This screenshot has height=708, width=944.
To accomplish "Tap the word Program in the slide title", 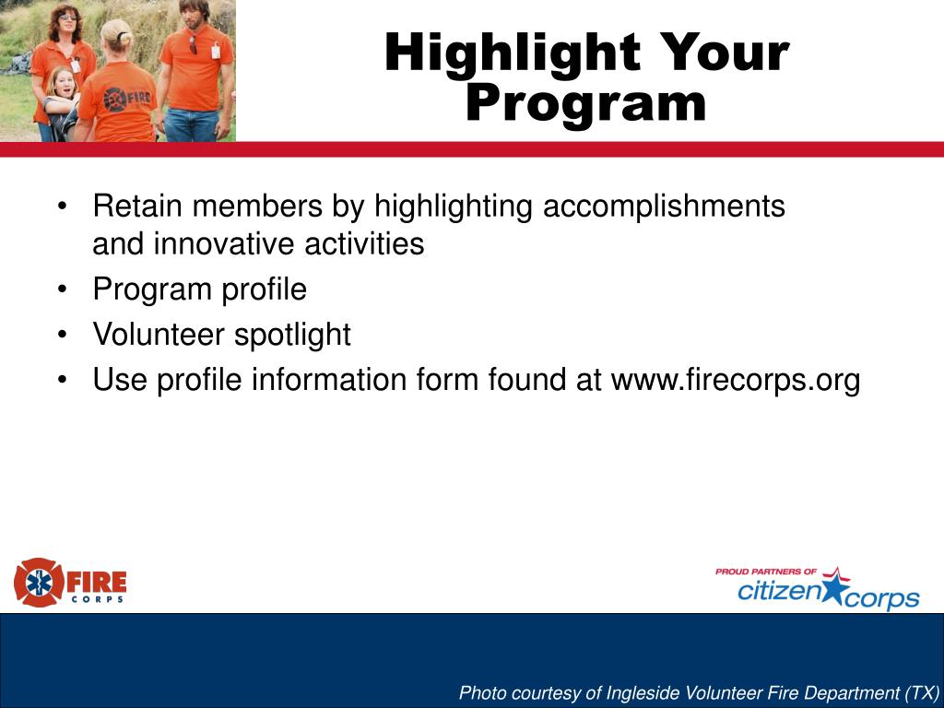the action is [x=585, y=103].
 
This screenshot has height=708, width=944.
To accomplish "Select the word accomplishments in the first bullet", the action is [x=664, y=206].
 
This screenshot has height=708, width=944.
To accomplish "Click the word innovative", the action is [x=224, y=243].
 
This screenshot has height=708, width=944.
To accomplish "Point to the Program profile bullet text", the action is [x=200, y=290].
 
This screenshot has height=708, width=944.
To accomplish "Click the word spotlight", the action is [x=292, y=336].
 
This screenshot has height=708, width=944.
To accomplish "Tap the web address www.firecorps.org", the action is [x=736, y=381].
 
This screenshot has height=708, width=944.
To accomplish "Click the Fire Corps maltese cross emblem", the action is [x=39, y=583].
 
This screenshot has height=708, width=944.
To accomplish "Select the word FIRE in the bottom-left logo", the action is [x=96, y=582].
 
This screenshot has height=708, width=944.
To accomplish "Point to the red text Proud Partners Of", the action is [x=766, y=572].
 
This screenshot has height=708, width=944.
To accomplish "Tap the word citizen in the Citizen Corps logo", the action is [x=779, y=591].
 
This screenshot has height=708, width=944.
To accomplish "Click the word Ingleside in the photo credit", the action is [x=643, y=693].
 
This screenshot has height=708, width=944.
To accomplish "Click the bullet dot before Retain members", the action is [x=62, y=206].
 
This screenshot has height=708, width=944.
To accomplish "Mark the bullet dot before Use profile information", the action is [x=62, y=381].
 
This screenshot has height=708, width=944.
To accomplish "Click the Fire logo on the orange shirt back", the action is [x=127, y=99].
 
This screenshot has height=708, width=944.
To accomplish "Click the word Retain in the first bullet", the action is [x=137, y=206].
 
